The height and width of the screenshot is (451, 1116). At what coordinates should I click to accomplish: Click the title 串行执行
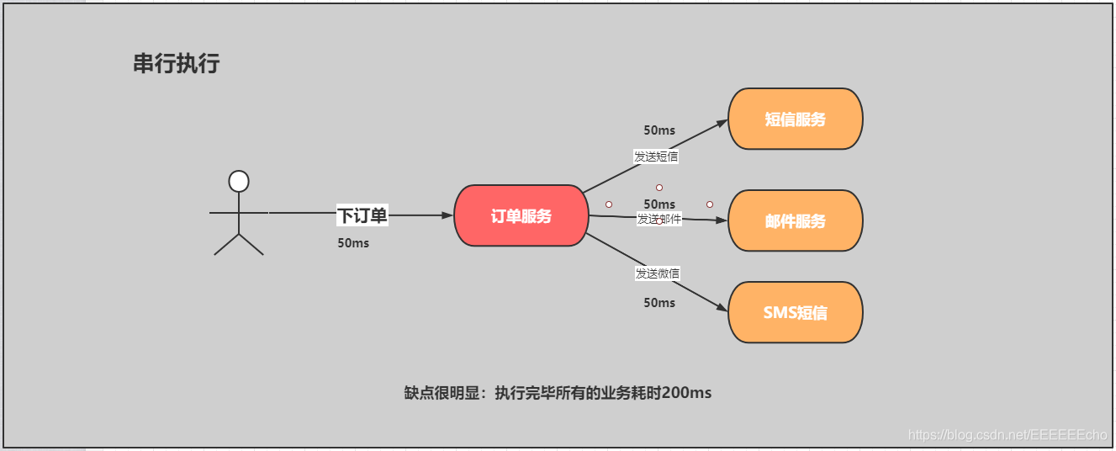point(177,64)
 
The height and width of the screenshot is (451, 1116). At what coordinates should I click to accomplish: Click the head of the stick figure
point(239,181)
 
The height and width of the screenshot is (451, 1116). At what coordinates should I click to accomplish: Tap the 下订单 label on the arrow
point(362,215)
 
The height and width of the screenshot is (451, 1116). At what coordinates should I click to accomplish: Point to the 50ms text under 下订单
point(353,243)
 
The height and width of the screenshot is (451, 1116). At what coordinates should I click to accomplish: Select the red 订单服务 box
point(521,216)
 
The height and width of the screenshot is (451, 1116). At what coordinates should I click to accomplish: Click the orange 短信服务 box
point(795,119)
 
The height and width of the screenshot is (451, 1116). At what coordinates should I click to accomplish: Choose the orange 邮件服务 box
point(795,221)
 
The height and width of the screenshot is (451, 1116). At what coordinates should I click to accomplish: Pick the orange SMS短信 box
point(795,313)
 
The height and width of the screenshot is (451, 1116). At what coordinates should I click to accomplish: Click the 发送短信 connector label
point(656,156)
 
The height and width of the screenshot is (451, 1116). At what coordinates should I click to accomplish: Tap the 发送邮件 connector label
point(659,219)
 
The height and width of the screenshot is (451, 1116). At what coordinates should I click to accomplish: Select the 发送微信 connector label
point(658,273)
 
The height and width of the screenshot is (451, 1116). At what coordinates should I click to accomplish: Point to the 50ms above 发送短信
point(659,130)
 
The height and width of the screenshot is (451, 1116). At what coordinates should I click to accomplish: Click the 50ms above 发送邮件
point(659,204)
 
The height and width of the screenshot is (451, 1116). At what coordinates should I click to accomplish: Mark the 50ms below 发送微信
point(659,302)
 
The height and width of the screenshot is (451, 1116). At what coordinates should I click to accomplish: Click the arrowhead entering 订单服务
point(448,215)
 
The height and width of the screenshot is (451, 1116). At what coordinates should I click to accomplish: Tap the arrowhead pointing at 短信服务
point(722,122)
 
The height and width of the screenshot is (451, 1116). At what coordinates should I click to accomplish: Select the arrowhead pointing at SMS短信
point(722,309)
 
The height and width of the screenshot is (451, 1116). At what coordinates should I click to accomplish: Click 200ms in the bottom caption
point(686,393)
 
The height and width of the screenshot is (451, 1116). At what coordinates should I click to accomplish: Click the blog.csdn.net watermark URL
point(1008,434)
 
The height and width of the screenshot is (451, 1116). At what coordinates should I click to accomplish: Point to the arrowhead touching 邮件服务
point(722,221)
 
